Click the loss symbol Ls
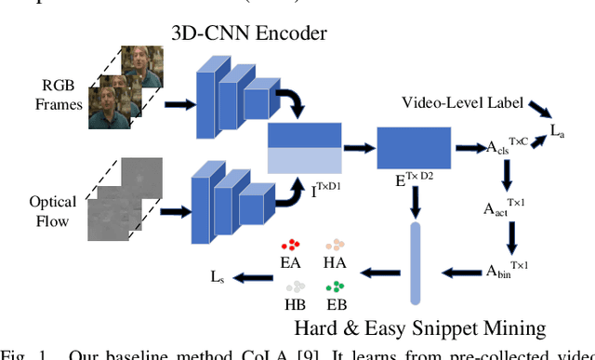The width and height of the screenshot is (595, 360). pos(216,276)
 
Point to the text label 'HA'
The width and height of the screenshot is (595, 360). pos(335,264)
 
